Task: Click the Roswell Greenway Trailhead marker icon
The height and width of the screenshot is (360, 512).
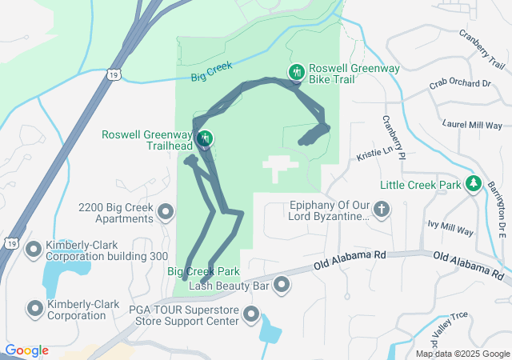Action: click(206, 139)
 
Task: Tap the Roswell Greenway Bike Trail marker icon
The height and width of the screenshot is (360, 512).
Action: click(296, 74)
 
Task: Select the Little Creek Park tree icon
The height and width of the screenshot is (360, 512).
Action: click(474, 185)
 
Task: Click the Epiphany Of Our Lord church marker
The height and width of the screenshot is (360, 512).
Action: click(382, 211)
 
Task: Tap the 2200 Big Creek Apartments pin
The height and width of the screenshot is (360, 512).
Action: click(166, 212)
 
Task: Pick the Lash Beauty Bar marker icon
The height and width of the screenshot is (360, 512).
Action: click(282, 285)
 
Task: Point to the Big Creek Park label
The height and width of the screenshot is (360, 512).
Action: click(204, 272)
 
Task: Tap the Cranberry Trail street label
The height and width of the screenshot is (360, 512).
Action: click(482, 50)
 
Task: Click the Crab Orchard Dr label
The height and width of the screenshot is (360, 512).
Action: click(459, 84)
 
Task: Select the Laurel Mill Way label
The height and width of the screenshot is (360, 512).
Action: click(472, 126)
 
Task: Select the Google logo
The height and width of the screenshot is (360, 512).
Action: click(26, 350)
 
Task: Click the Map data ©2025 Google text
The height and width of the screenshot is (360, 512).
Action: click(462, 354)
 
